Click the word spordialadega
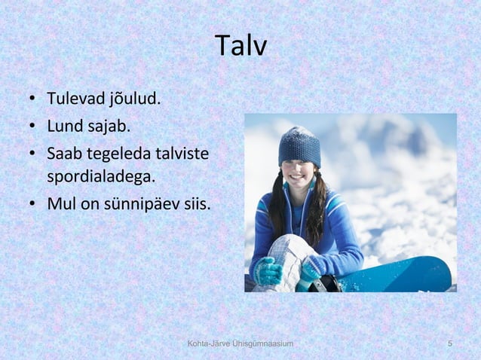(100, 178)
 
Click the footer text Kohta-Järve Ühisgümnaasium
(240, 344)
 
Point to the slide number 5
(450, 344)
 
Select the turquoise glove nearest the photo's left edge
(267, 271)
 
